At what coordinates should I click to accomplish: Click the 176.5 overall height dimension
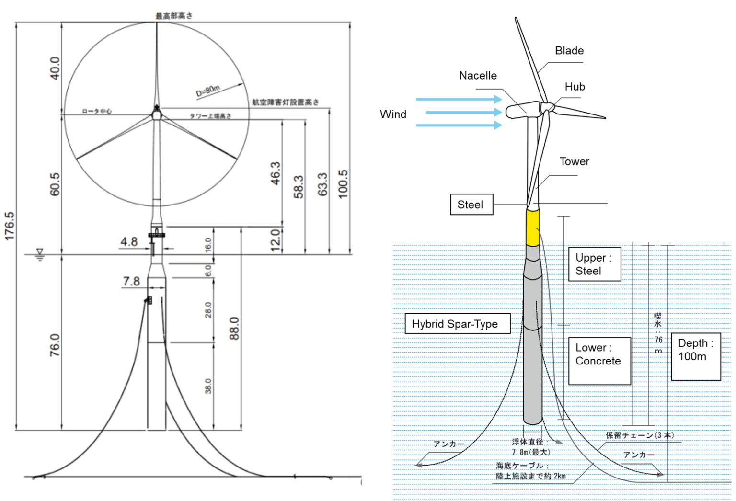[10, 226]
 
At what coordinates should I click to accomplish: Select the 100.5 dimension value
[343, 184]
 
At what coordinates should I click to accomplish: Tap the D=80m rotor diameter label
[208, 91]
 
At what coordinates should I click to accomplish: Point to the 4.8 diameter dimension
[129, 242]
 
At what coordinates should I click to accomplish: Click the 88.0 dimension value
[234, 328]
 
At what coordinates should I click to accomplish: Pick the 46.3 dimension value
[276, 173]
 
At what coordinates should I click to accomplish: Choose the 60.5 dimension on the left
[55, 184]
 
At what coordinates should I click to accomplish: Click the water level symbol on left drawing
[40, 254]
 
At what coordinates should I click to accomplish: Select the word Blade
[569, 51]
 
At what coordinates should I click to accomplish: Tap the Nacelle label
[478, 76]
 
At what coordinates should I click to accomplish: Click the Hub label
[575, 87]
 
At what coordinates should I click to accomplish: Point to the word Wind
[393, 114]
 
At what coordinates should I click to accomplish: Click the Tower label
[574, 162]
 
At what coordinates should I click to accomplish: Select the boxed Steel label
[471, 205]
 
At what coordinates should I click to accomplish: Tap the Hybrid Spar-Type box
[457, 324]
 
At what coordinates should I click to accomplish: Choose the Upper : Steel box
[594, 264]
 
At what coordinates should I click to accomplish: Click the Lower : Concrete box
[599, 360]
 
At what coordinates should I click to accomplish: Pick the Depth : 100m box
[695, 356]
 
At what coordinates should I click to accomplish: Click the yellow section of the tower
[532, 227]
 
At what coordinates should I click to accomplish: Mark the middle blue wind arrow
[463, 112]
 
